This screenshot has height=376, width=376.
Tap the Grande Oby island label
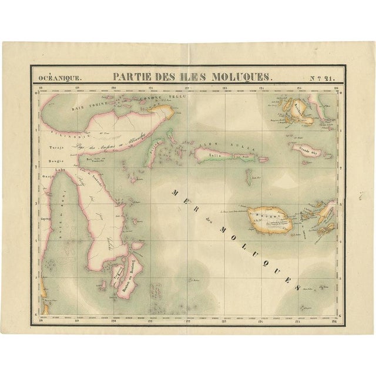(x=303, y=149)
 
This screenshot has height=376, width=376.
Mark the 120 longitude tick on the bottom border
(x=114, y=321)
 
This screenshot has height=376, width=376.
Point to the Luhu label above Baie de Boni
(x=59, y=170)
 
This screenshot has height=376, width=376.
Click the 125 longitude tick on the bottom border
(x=299, y=321)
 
